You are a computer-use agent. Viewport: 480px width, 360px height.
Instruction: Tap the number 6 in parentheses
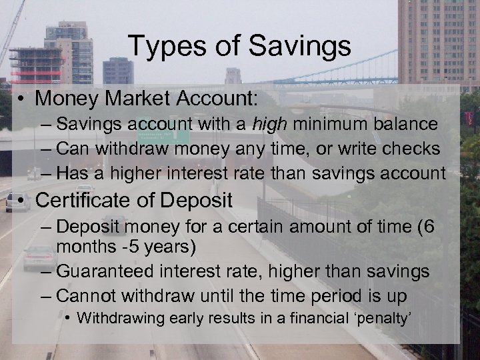[x=429, y=227]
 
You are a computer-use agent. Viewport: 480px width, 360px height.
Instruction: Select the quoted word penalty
[x=386, y=317]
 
